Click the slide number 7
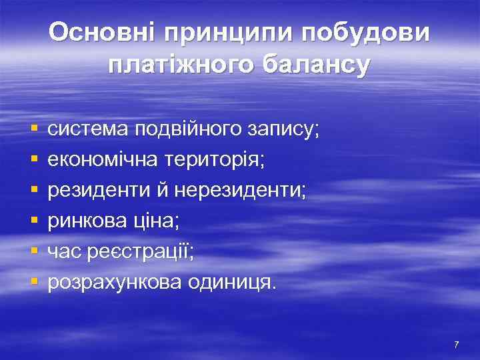click(x=456, y=345)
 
